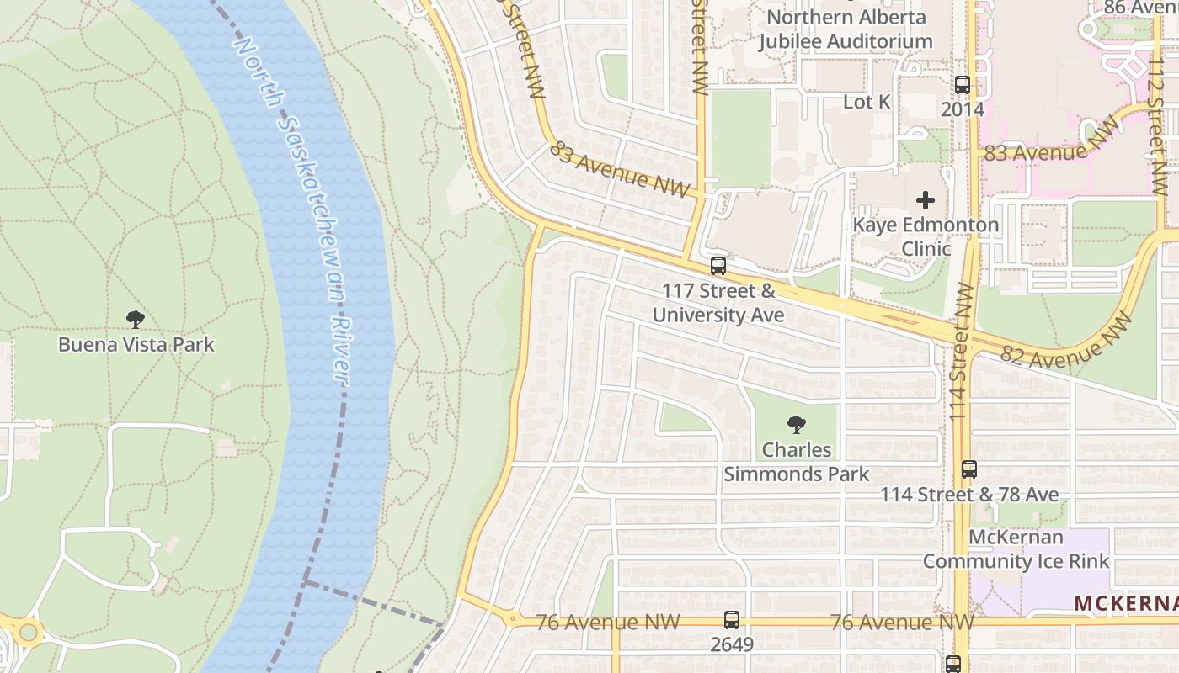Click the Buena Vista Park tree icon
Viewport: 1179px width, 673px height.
(136, 320)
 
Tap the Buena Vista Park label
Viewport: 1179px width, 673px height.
(136, 345)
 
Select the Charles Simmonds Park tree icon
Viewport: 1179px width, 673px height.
(796, 425)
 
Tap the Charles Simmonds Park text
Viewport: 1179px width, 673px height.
(796, 462)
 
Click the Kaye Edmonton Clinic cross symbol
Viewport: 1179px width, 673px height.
(926, 200)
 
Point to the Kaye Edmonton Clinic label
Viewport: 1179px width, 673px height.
(926, 236)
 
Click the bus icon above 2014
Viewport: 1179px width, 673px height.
(963, 85)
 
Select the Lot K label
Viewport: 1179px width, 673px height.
(867, 102)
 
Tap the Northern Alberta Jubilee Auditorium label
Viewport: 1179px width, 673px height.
(846, 29)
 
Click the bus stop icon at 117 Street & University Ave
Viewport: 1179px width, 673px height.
(718, 266)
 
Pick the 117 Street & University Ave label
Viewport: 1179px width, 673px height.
(718, 303)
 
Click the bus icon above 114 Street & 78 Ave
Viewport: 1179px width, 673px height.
(969, 469)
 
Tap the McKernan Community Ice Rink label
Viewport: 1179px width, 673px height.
(1016, 548)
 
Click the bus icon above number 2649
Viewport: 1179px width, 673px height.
(731, 621)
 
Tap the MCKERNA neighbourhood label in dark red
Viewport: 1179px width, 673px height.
(1126, 604)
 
